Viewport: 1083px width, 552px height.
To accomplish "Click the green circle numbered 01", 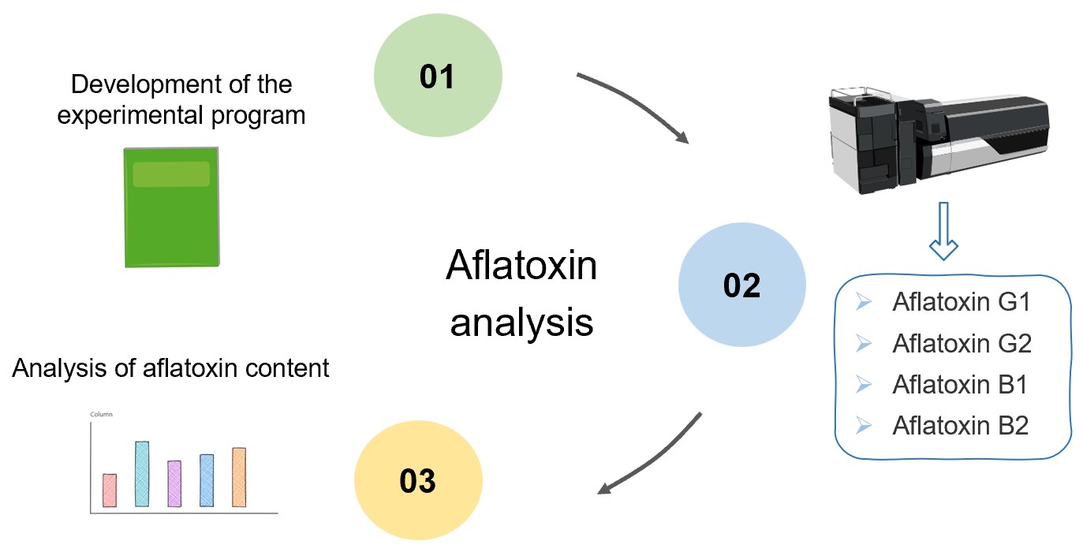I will pos(437,76).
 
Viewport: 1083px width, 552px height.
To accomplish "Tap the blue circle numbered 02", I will pos(741,286).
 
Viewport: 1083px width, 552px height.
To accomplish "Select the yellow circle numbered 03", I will pos(417,480).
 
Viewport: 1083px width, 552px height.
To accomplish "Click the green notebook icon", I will pos(172,207).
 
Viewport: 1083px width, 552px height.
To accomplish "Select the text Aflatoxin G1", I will pos(961,303).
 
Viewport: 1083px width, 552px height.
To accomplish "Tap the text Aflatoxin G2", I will pos(961,344).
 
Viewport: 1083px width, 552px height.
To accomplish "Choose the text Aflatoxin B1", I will pos(960,385).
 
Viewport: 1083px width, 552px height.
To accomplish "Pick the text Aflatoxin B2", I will pos(960,426).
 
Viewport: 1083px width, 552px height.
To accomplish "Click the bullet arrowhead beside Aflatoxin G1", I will pos(863,303).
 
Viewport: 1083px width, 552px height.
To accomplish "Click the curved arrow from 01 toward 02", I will pos(639,106).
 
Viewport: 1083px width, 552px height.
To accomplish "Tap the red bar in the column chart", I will pos(110,490).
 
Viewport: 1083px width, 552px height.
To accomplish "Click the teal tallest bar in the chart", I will pos(142,474).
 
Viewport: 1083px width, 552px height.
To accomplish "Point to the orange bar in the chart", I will pos(239,477).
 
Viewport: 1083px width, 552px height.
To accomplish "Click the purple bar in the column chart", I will pos(174,483).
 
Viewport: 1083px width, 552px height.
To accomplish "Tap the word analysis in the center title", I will pos(521,323).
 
